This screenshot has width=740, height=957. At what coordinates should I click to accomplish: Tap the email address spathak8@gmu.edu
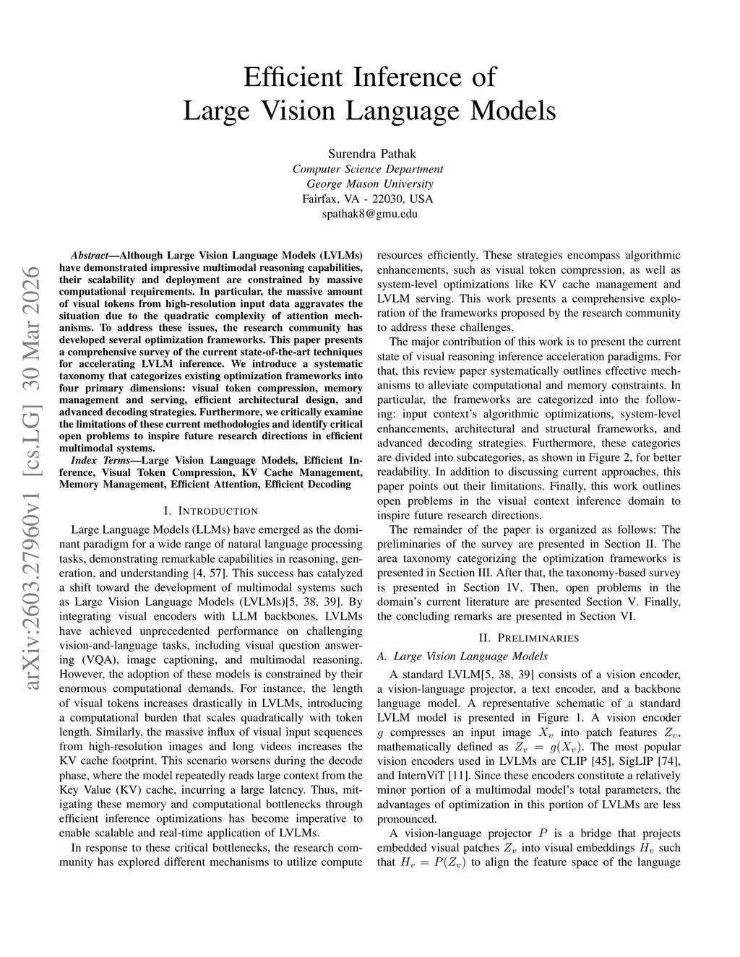click(369, 214)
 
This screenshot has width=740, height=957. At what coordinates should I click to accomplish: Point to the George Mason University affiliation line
click(370, 183)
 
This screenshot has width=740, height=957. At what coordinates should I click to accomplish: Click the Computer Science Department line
click(368, 169)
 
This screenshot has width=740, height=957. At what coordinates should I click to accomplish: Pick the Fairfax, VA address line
click(368, 199)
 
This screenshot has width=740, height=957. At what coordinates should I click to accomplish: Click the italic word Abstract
click(89, 256)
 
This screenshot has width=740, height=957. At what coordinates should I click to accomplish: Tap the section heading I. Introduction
click(211, 511)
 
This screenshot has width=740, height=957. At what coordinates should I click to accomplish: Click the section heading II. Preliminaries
click(529, 638)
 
